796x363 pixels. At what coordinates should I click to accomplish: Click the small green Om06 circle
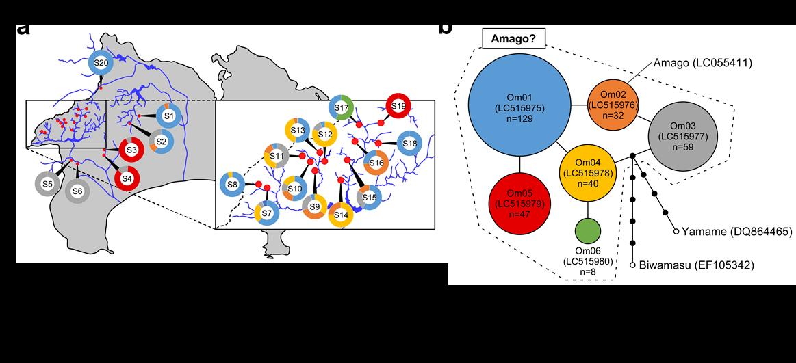click(x=588, y=231)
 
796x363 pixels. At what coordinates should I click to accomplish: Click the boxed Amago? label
click(x=513, y=39)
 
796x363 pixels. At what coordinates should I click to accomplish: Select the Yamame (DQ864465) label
click(x=736, y=232)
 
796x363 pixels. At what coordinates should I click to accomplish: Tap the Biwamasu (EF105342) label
click(x=696, y=265)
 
